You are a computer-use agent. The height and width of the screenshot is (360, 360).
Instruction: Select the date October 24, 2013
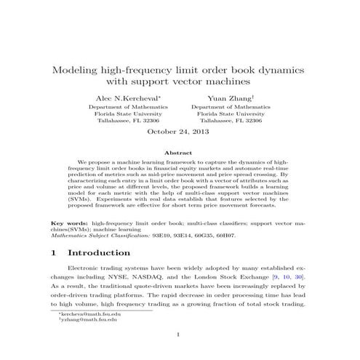click(x=179, y=132)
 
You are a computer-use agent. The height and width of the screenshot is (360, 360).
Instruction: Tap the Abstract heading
click(x=179, y=153)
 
